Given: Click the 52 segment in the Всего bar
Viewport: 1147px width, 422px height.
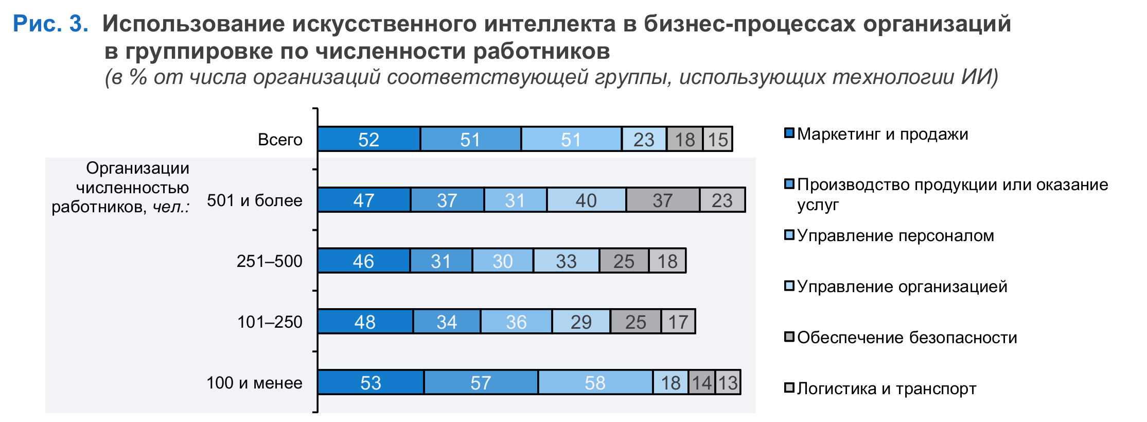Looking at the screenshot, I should [x=368, y=139].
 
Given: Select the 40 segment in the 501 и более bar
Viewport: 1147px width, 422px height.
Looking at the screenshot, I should [x=586, y=200].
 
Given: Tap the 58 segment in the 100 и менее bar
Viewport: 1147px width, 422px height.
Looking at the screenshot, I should [x=595, y=382].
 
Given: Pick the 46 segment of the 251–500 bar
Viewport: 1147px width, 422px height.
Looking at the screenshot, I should [x=363, y=261].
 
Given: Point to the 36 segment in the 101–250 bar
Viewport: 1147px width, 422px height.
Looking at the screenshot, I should [x=516, y=322].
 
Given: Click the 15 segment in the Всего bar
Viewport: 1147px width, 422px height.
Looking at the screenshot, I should [x=718, y=139].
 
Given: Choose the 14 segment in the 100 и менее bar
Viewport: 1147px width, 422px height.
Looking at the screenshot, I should [x=701, y=382].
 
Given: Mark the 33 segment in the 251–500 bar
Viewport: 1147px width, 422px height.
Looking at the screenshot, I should [x=566, y=261].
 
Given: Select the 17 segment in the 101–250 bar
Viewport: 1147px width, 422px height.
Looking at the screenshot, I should [x=678, y=322].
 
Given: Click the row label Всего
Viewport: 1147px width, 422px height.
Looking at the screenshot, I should [x=280, y=140].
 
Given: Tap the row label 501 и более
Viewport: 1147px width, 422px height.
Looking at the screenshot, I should [x=254, y=200].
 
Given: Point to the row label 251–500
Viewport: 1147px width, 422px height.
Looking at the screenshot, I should [x=269, y=261].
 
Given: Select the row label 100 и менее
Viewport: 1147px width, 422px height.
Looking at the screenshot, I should [x=254, y=383].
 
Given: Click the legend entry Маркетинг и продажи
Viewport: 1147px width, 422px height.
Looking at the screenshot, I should [x=882, y=134].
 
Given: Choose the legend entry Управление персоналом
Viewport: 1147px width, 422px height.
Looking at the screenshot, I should [x=895, y=235].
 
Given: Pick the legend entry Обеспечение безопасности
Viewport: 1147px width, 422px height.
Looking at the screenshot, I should [x=907, y=337].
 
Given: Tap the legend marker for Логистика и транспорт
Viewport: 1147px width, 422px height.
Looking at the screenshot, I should [x=789, y=387].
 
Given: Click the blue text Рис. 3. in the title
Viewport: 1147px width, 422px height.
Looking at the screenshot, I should [x=50, y=24].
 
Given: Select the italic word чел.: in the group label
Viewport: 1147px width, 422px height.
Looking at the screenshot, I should [x=171, y=207].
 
